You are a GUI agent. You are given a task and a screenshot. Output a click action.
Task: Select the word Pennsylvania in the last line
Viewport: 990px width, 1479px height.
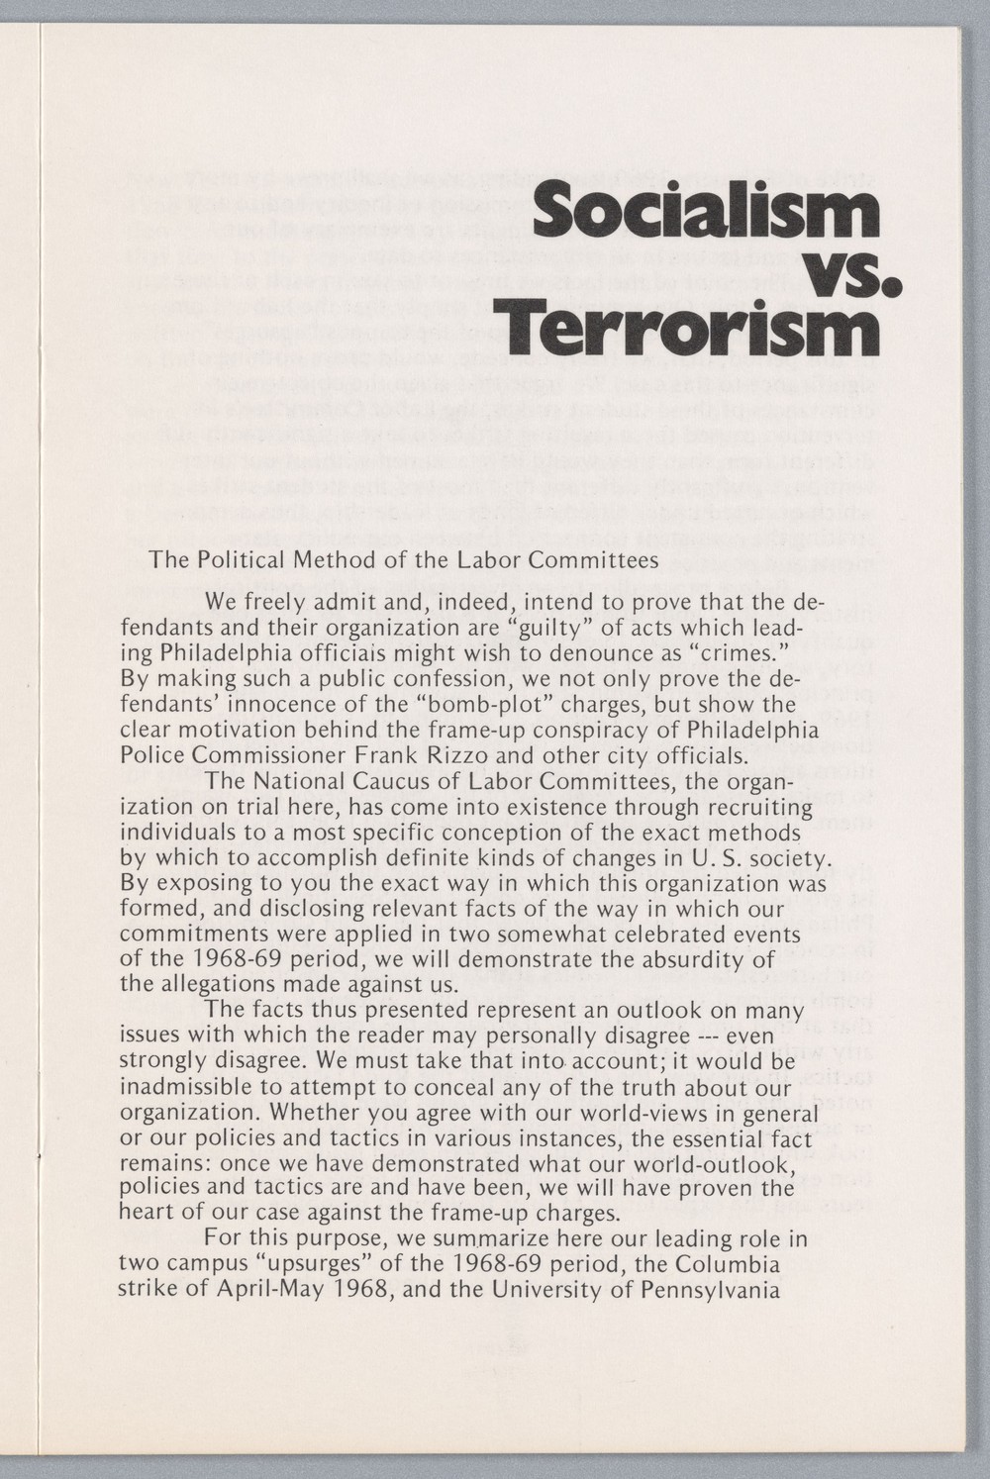point(713,1290)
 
